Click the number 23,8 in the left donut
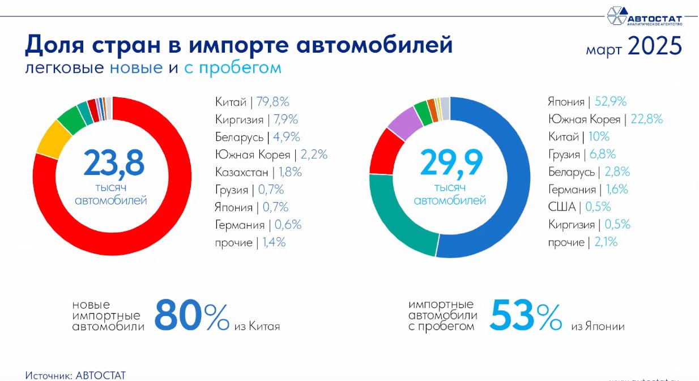coord(114,163)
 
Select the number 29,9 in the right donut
coord(451,163)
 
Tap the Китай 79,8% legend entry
coord(252,102)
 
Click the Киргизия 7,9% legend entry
coord(256,119)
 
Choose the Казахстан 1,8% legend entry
coord(258,172)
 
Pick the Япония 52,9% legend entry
coord(587,102)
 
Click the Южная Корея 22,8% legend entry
coord(605,119)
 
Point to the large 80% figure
coord(191,316)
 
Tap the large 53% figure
coord(525,316)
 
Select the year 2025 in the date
coord(654,47)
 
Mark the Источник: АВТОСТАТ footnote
coord(75,375)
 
